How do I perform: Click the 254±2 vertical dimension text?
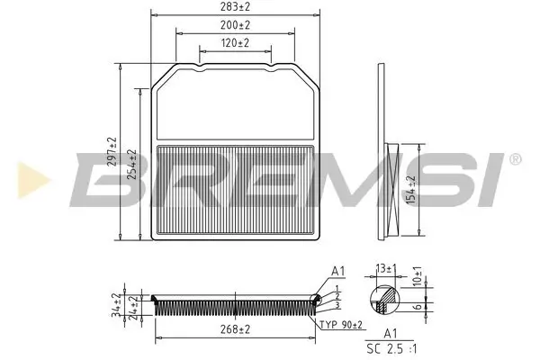click(132, 164)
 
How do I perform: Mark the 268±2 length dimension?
click(236, 330)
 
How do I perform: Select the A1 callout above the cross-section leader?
click(338, 270)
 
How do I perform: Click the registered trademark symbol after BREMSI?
click(514, 159)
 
